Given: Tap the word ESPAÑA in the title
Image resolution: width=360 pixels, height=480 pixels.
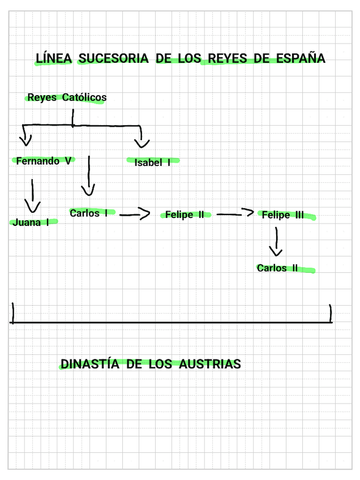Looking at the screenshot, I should click(x=301, y=58).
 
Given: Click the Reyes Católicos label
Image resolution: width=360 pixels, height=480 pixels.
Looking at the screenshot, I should click(x=67, y=97).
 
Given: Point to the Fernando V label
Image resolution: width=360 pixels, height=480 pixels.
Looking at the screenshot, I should click(x=44, y=161).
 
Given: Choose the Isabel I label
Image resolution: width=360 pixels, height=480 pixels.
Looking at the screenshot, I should click(x=152, y=163).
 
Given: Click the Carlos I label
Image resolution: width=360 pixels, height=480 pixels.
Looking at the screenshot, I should click(x=88, y=213).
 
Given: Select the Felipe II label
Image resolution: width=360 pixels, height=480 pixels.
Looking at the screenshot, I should click(x=185, y=215).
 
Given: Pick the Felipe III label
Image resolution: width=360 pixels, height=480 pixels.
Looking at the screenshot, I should click(x=283, y=215).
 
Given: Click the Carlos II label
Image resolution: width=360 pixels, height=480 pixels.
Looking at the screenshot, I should click(x=277, y=268).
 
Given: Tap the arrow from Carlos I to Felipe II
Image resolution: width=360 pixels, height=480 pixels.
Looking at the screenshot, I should click(x=135, y=214).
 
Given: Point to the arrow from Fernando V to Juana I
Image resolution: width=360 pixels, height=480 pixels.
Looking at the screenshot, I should click(x=33, y=195).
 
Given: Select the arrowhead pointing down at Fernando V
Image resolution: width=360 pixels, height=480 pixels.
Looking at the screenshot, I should click(x=25, y=138).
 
